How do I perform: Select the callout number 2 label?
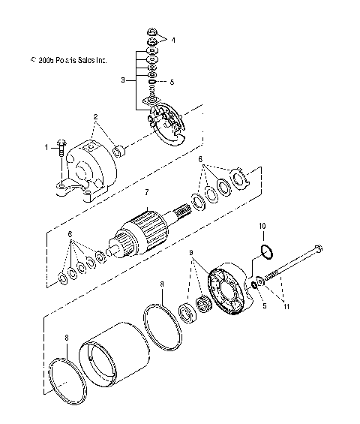96,117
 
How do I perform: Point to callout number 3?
122,78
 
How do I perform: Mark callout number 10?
262,225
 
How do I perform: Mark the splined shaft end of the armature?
183,203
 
